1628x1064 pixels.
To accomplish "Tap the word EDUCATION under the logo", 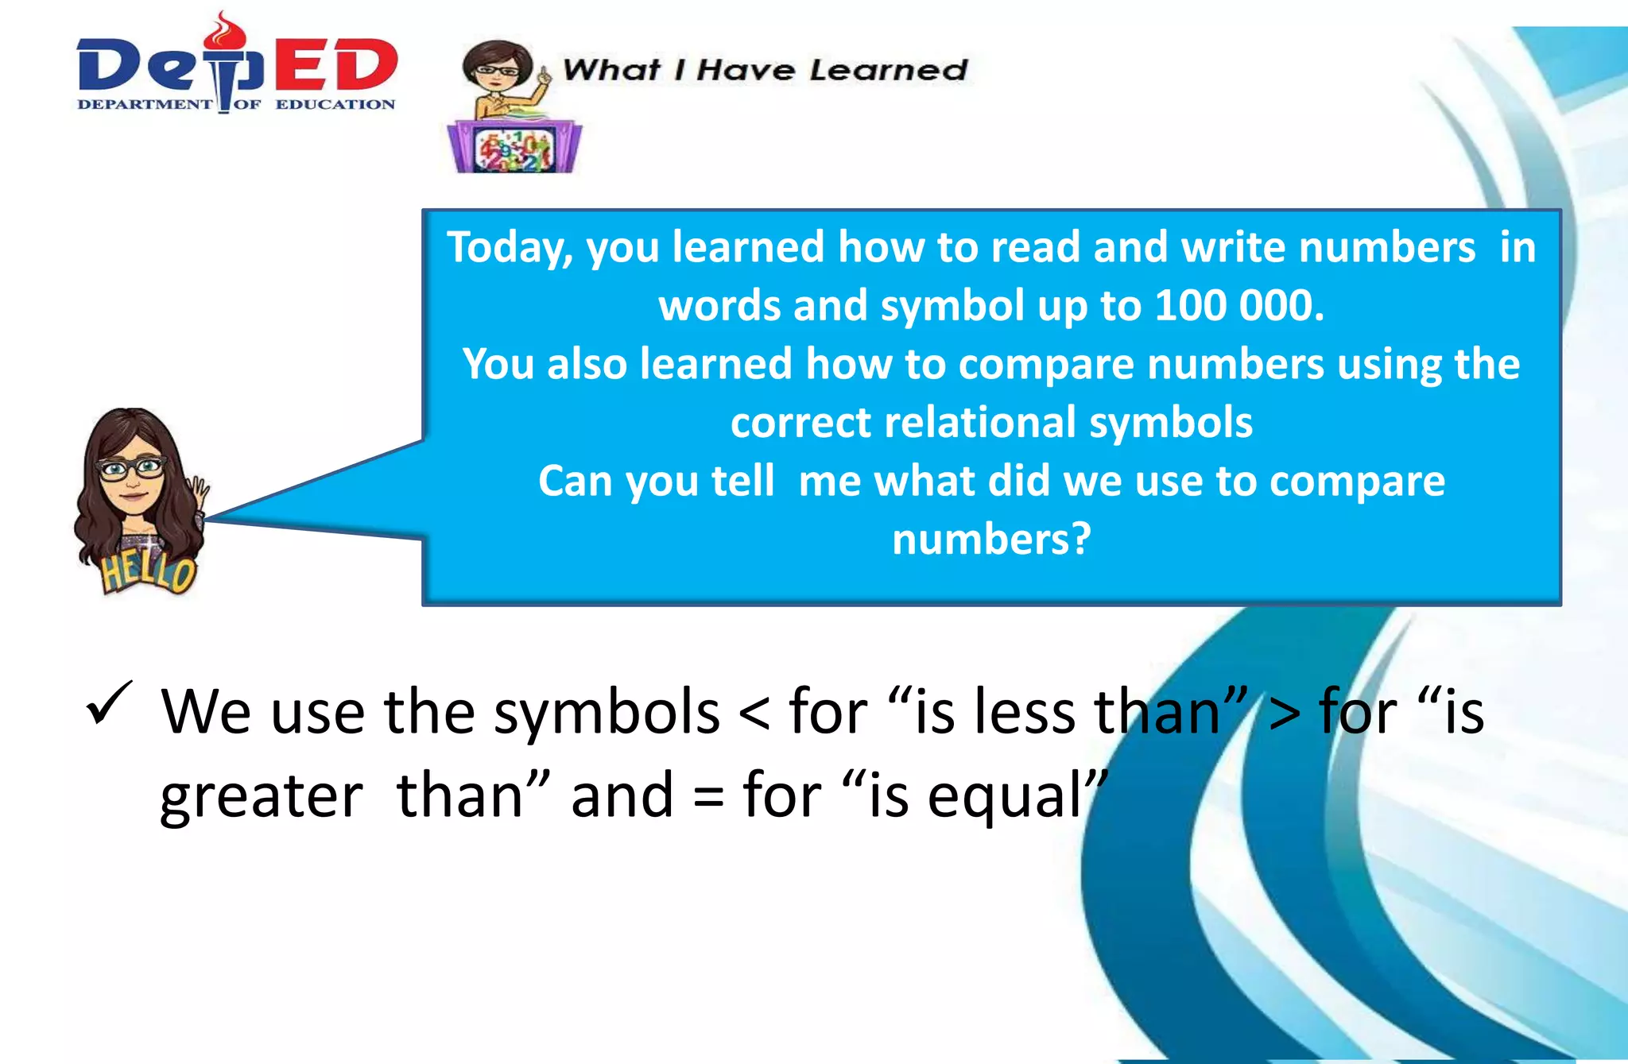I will click(335, 104).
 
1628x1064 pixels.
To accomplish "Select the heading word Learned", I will click(888, 70).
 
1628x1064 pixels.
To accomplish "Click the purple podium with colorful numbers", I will click(514, 147).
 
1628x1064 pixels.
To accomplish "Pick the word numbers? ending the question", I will click(990, 540).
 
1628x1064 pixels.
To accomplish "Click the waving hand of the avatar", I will click(197, 493).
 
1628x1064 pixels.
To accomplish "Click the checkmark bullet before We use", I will click(108, 702).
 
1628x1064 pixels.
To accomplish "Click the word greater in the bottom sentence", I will click(261, 797).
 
